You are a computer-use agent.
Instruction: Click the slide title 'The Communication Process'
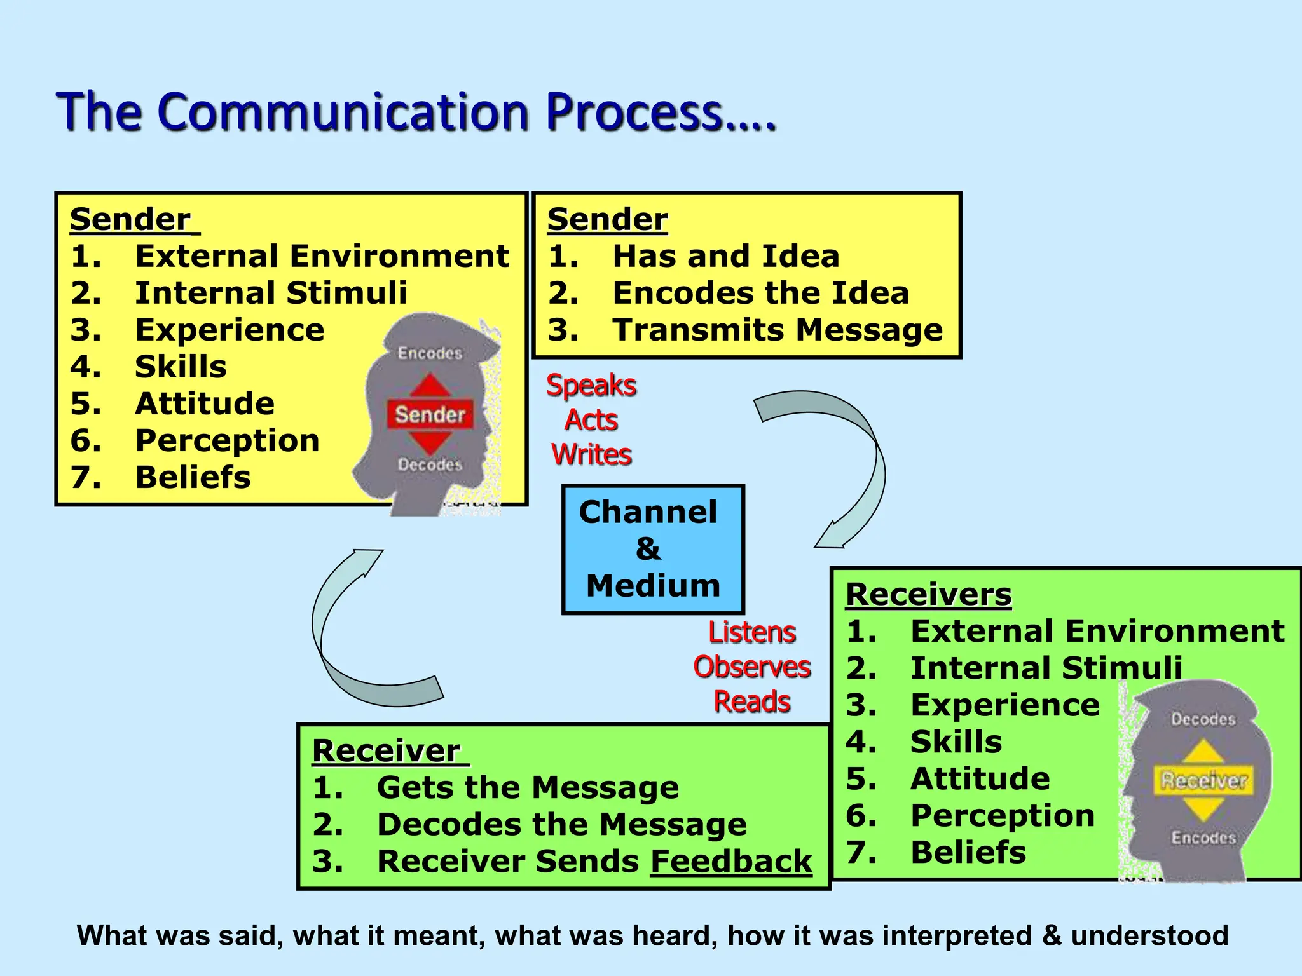(416, 112)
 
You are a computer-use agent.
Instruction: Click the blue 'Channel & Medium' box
(652, 549)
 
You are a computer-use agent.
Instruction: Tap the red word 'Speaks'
(591, 386)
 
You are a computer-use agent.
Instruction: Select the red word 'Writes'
(591, 455)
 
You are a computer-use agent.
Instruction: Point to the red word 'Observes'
(751, 667)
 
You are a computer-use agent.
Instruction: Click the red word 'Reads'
(751, 702)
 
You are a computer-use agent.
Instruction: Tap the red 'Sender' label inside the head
(430, 415)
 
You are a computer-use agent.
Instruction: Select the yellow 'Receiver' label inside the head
(1203, 781)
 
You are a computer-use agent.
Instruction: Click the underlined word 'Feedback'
(731, 862)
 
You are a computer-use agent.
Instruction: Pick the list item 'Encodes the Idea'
(760, 294)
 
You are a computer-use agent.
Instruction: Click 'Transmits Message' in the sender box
(777, 330)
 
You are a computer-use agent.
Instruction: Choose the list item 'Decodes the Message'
(561, 825)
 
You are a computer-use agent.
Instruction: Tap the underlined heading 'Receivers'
(928, 595)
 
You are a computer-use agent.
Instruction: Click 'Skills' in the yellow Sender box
(181, 367)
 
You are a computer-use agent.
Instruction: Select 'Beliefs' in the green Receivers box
(968, 853)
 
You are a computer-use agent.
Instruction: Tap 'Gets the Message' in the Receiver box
(528, 788)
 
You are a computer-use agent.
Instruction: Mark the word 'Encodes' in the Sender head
(430, 353)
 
